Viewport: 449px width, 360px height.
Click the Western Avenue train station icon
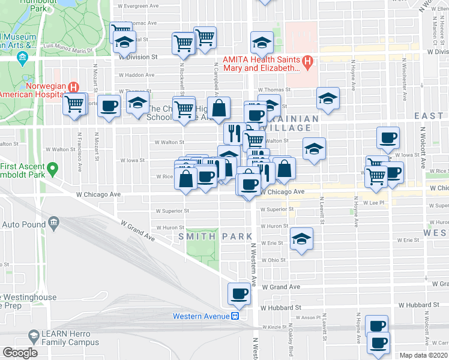click(x=236, y=316)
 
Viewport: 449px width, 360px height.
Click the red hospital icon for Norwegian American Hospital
click(x=74, y=87)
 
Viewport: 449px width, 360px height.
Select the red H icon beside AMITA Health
click(x=308, y=61)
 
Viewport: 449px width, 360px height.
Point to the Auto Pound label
click(x=24, y=224)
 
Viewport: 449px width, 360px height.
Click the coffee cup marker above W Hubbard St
click(x=239, y=293)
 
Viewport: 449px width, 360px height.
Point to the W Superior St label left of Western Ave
click(x=172, y=211)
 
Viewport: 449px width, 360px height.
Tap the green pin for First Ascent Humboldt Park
click(x=53, y=169)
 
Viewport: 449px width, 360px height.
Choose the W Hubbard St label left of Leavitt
click(x=281, y=307)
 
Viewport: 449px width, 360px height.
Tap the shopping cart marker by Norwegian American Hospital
click(x=76, y=104)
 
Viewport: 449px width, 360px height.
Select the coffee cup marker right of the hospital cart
click(x=109, y=106)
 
